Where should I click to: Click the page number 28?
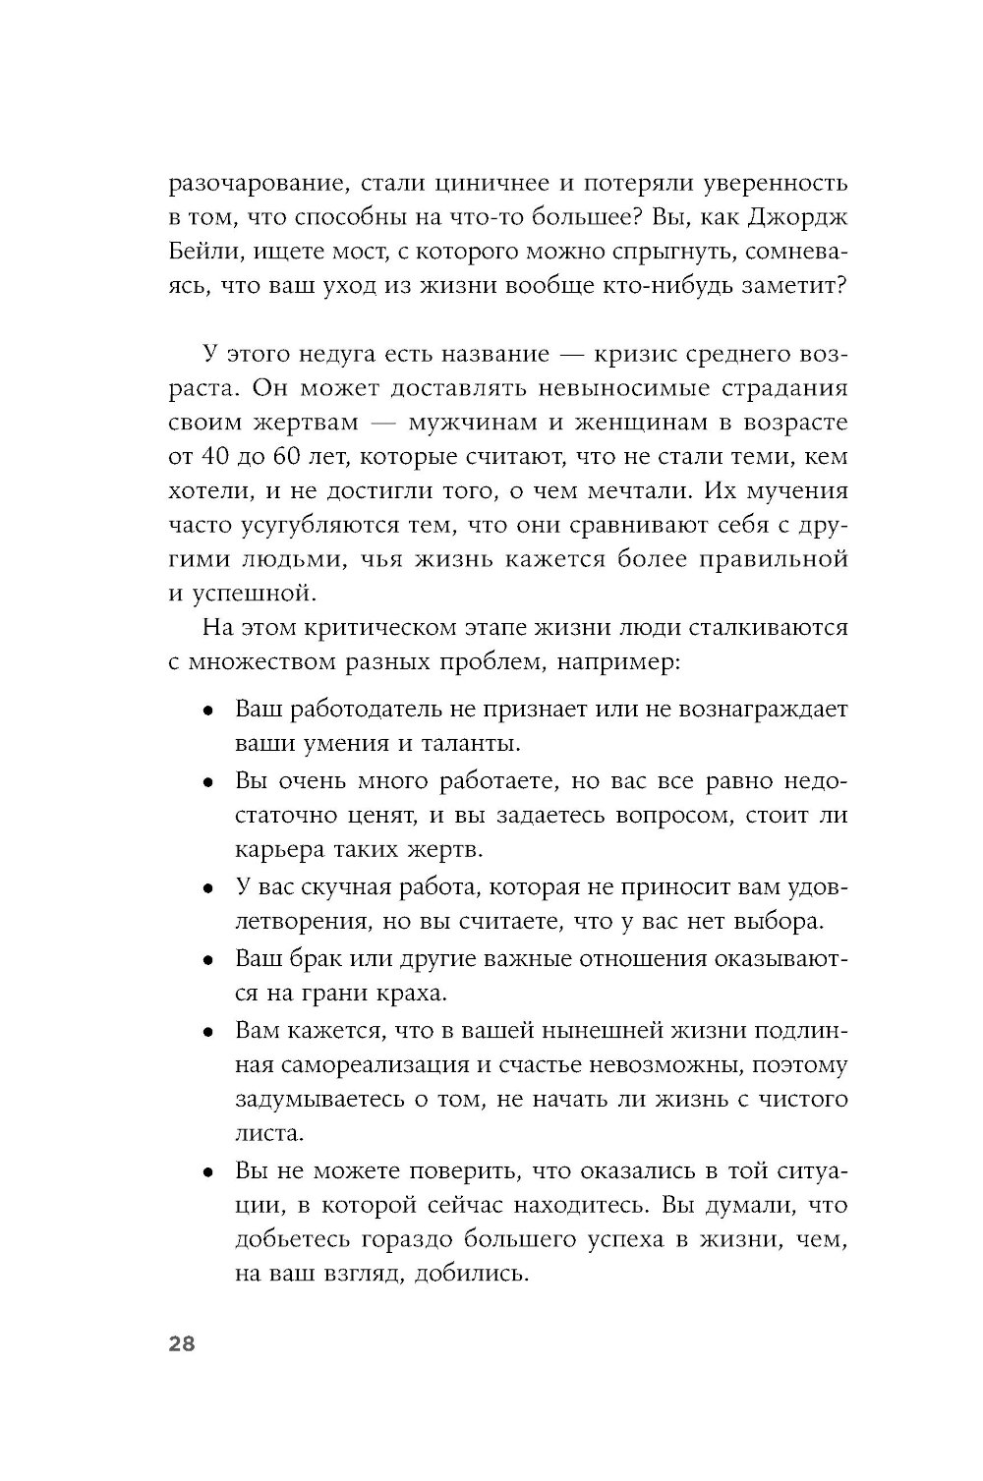tap(182, 1345)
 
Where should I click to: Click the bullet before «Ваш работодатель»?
tap(207, 711)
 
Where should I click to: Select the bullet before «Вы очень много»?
tap(207, 783)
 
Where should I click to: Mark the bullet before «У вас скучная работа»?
tap(207, 888)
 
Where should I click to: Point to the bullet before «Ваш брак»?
tap(207, 960)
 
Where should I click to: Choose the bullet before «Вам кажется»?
tap(207, 1032)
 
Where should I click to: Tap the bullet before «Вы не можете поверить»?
tap(207, 1172)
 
